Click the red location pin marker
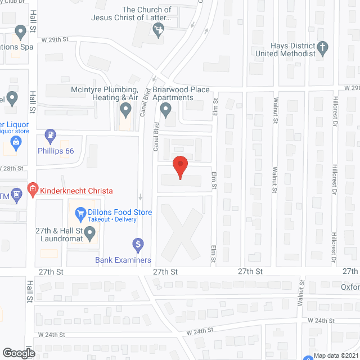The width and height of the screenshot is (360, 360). tap(180, 166)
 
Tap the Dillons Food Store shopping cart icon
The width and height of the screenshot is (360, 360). tap(80, 213)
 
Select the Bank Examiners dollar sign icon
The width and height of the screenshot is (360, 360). tap(138, 244)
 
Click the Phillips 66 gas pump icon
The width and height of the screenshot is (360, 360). tap(50, 135)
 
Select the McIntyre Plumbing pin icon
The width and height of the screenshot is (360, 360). tap(124, 111)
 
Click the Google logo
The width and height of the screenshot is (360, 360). tap(19, 353)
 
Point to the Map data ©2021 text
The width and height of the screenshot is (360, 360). tap(336, 355)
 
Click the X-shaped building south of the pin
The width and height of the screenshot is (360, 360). tap(180, 231)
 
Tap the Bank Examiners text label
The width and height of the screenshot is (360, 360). tap(123, 260)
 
